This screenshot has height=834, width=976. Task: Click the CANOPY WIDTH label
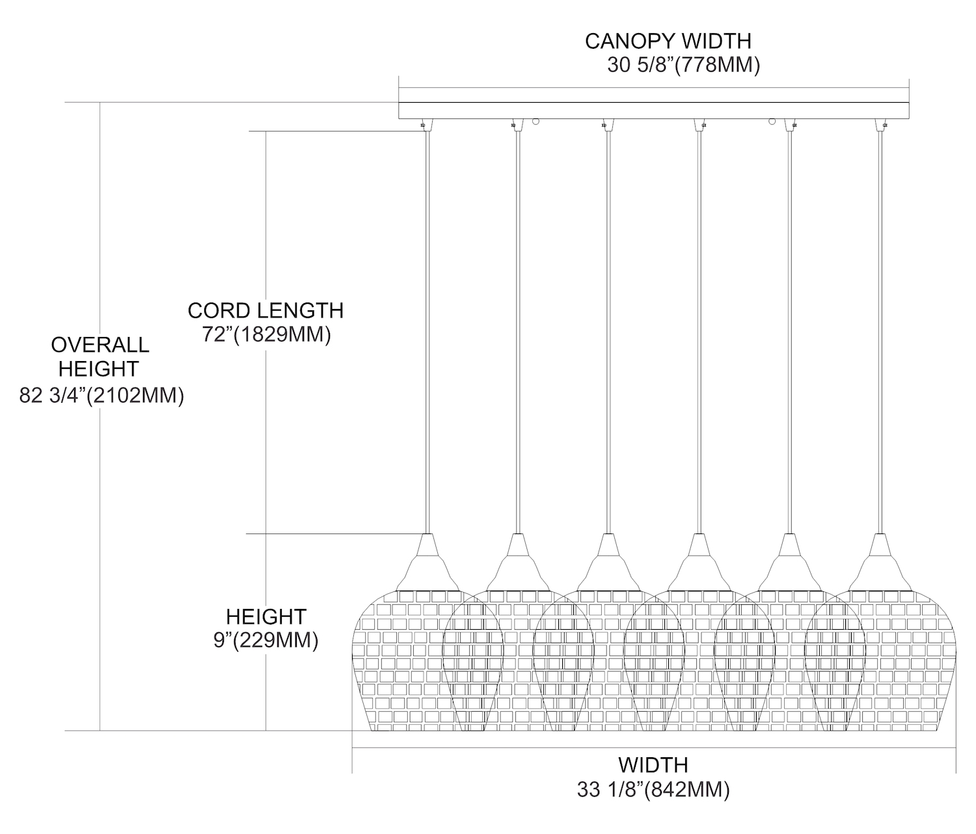coord(668,41)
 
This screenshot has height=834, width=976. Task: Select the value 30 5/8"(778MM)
coord(683,66)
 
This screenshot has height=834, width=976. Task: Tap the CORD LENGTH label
coord(265,310)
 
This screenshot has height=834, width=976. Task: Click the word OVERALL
coord(100,345)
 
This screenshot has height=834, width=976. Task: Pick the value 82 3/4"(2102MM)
coord(102,396)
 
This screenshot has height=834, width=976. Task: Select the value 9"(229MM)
coord(265,641)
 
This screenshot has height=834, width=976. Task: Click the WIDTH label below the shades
coord(653,764)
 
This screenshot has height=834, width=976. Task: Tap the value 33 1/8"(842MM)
coord(653,790)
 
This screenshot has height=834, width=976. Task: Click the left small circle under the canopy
coord(535,121)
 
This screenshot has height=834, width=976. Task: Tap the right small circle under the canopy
coord(772,121)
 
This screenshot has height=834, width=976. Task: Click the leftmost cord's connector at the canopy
coord(424,124)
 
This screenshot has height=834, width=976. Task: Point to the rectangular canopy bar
coord(653,110)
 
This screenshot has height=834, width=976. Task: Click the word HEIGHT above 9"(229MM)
coord(265,616)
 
